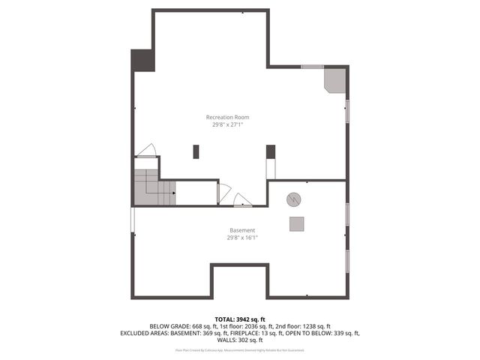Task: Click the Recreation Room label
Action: pyautogui.click(x=227, y=117)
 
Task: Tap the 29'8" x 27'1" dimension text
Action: pyautogui.click(x=227, y=125)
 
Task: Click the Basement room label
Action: pyautogui.click(x=242, y=230)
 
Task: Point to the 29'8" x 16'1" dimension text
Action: pyautogui.click(x=242, y=238)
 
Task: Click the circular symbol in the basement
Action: pyautogui.click(x=294, y=199)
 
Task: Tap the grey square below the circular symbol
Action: pyautogui.click(x=298, y=223)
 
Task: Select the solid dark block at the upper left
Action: pyautogui.click(x=142, y=61)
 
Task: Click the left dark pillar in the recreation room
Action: pyautogui.click(x=196, y=151)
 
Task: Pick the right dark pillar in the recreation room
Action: pyautogui.click(x=271, y=151)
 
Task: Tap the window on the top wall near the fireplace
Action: pyautogui.click(x=312, y=67)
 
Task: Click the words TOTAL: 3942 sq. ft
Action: pyautogui.click(x=239, y=318)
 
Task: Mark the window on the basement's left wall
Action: pyautogui.click(x=133, y=219)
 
